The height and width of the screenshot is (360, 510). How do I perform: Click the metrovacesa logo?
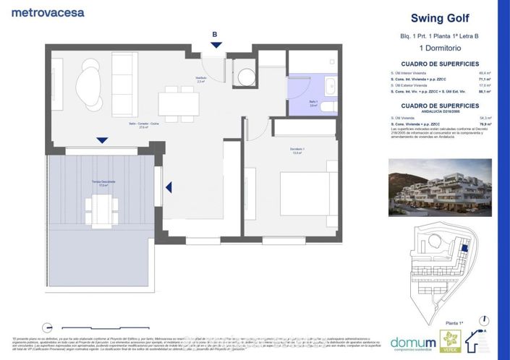tap(48, 12)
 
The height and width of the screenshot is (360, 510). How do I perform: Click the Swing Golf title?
tap(435, 19)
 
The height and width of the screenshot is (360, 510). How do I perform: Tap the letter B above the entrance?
tap(214, 34)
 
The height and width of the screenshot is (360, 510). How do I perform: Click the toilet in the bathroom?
tap(328, 107)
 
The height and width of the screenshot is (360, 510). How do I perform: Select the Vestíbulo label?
tap(202, 78)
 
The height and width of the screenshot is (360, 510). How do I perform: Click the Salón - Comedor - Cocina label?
tap(144, 125)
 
